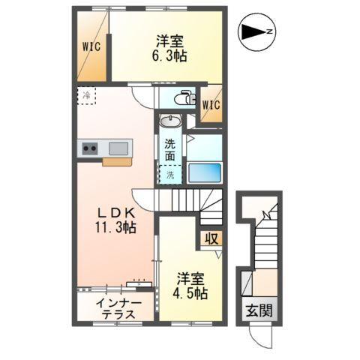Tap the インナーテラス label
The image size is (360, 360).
(x=115, y=309)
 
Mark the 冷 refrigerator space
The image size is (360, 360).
(x=87, y=95)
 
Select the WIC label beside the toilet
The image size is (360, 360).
(x=211, y=105)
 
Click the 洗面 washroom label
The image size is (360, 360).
(x=171, y=150)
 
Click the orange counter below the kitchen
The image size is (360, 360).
(x=117, y=160)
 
